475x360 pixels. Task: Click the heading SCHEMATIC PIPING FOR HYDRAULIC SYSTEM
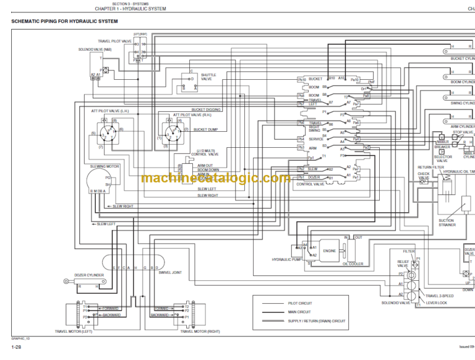[x=64, y=22]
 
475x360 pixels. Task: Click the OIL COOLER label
[x=354, y=264]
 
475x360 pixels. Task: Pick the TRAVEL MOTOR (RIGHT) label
[x=200, y=331]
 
